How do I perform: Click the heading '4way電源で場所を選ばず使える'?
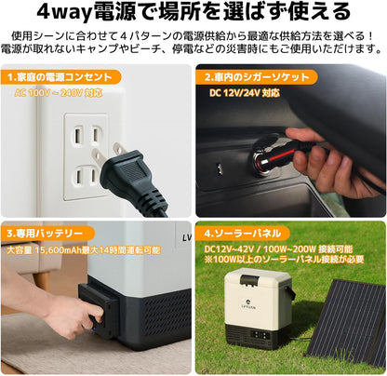pos(193,12)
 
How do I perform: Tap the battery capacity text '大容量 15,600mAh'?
pos(45,249)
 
